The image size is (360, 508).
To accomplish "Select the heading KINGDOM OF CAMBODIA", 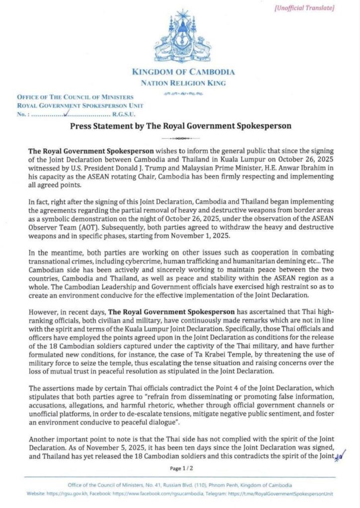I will click(184, 72).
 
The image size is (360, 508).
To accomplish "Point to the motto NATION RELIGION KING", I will click(184, 83).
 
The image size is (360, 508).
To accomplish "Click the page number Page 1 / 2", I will click(181, 468).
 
